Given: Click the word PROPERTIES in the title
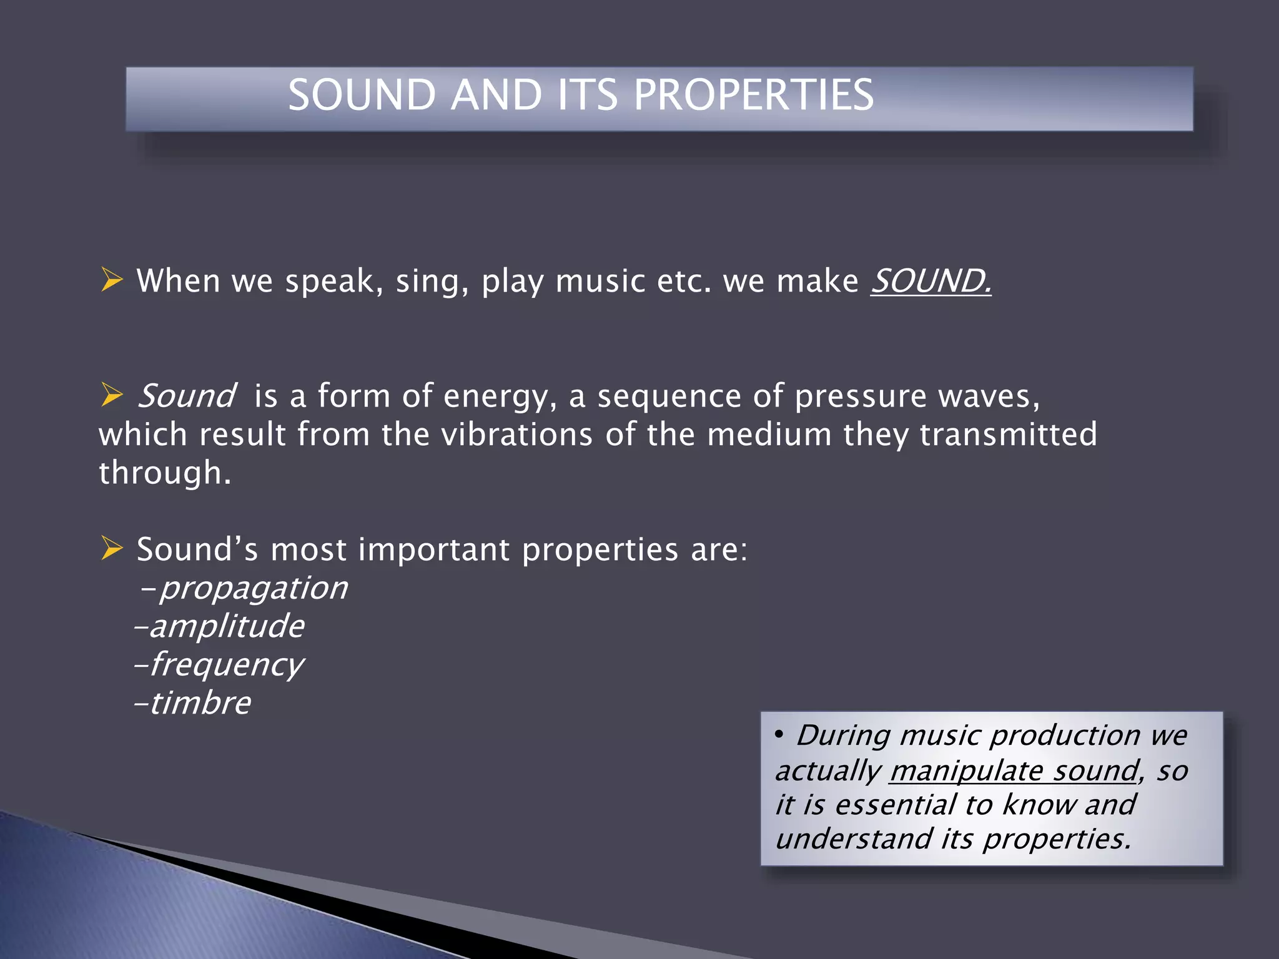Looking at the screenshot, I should point(753,95).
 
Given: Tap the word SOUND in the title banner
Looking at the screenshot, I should point(362,95).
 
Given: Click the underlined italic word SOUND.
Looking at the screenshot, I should point(931,281).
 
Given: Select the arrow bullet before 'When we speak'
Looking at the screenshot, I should point(112,279).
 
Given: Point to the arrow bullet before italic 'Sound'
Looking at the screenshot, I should point(112,395).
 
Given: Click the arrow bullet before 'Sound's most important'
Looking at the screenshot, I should point(112,548).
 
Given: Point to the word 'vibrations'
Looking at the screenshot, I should point(516,435).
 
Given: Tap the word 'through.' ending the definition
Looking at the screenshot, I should point(165,473).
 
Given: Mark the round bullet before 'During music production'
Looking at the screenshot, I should point(779,734).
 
